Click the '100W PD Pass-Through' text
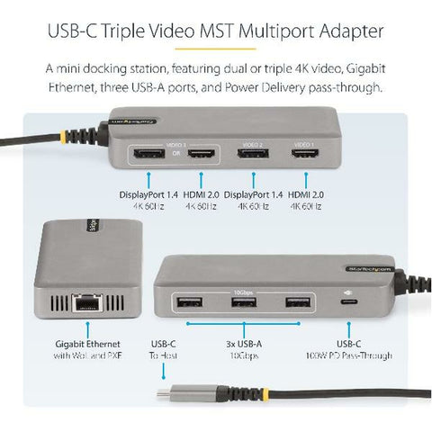pos(349,356)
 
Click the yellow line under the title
pos(216,51)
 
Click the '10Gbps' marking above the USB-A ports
pos(240,289)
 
